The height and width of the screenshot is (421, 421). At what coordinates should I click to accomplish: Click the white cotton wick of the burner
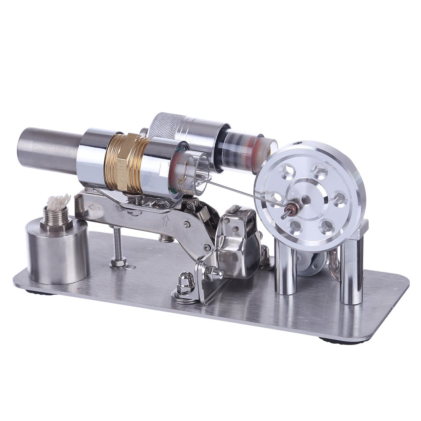pyautogui.click(x=59, y=201)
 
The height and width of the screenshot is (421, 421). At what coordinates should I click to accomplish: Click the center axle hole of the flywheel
pyautogui.click(x=306, y=199)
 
